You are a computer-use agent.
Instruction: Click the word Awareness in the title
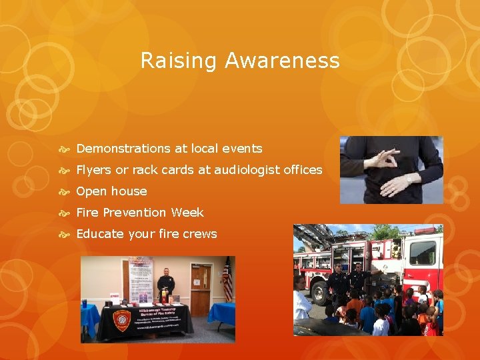(282, 61)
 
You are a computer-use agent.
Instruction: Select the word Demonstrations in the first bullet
(128, 149)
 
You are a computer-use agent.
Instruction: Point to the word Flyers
(94, 170)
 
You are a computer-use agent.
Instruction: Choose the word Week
(187, 213)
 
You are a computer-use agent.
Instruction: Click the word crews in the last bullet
(199, 234)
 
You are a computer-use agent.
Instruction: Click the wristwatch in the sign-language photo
(408, 179)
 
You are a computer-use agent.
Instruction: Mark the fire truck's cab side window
(423, 253)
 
